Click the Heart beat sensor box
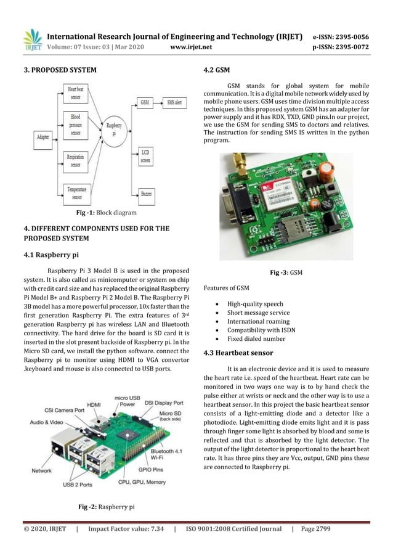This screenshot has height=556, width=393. coord(76,94)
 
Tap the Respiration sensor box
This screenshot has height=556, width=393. coord(76,161)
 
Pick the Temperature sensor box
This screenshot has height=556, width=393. coord(76,193)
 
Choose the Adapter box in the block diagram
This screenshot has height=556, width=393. coord(43,134)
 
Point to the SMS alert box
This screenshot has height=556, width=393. coord(174,101)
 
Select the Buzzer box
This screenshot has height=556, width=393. coord(145,193)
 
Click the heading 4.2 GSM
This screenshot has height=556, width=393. coord(217,70)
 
